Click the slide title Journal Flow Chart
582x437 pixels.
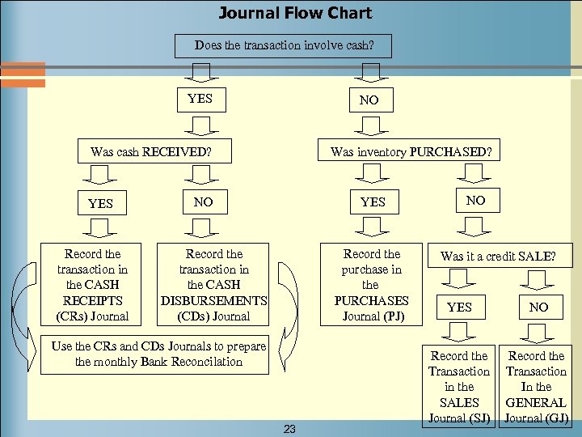295,13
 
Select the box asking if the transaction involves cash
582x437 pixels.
284,45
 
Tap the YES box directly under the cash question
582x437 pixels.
200,99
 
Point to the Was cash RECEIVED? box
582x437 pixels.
151,151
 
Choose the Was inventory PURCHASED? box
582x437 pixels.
411,151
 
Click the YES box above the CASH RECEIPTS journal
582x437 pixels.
100,203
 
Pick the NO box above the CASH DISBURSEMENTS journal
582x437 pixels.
203,202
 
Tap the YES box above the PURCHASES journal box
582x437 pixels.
373,202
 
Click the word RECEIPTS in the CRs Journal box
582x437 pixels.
92,300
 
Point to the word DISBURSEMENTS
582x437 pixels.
214,300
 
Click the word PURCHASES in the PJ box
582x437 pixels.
372,300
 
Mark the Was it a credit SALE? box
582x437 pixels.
498,257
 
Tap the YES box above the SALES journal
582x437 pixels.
459,307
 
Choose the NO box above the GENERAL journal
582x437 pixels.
538,307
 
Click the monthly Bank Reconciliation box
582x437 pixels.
158,354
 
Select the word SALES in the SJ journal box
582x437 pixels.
459,402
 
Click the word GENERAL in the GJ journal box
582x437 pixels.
536,402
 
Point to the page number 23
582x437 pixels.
290,430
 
